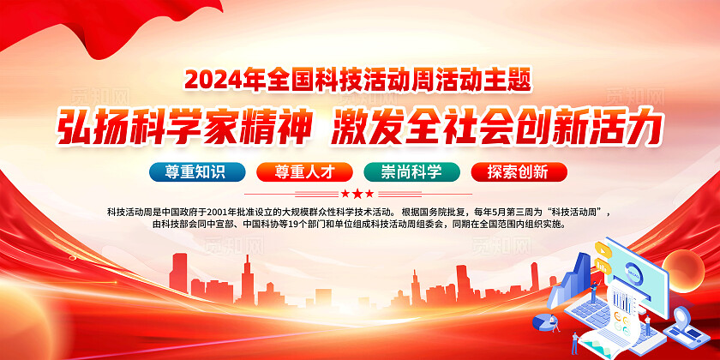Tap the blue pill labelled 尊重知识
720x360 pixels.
coord(197,171)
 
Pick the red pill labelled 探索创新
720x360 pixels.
coord(519,171)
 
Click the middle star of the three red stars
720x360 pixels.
coord(358,194)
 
